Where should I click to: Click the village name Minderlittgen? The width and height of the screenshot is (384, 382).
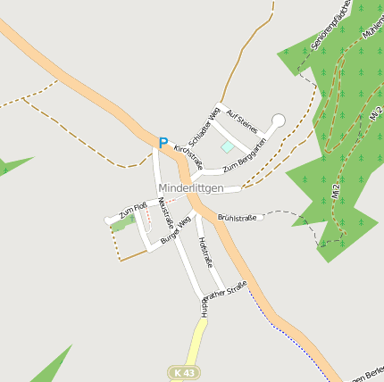(190, 188)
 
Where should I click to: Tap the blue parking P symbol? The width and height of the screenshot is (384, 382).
(163, 143)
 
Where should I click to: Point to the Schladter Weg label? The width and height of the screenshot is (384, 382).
(205, 124)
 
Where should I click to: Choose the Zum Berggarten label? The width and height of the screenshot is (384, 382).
(245, 154)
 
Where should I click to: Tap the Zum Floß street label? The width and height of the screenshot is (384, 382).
(133, 210)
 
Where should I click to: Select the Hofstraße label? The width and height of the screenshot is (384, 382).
(205, 252)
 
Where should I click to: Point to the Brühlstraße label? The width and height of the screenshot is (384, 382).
(237, 217)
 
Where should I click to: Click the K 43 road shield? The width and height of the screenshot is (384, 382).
(185, 371)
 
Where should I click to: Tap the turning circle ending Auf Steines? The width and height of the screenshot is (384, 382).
(278, 120)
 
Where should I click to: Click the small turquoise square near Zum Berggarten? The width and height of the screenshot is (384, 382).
(227, 146)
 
